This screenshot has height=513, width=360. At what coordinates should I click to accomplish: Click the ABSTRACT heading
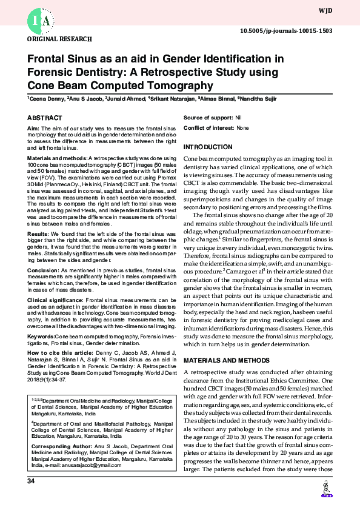tap(44, 118)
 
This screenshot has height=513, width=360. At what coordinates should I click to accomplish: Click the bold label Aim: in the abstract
tap(33, 129)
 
